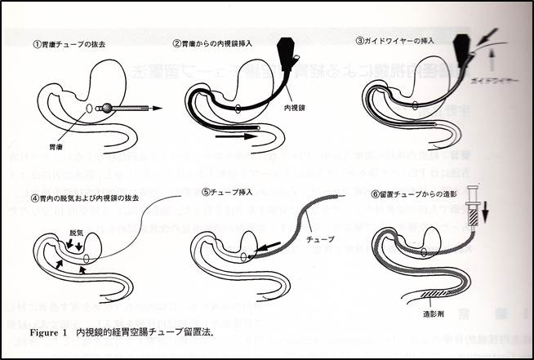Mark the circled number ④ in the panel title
[35, 197]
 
